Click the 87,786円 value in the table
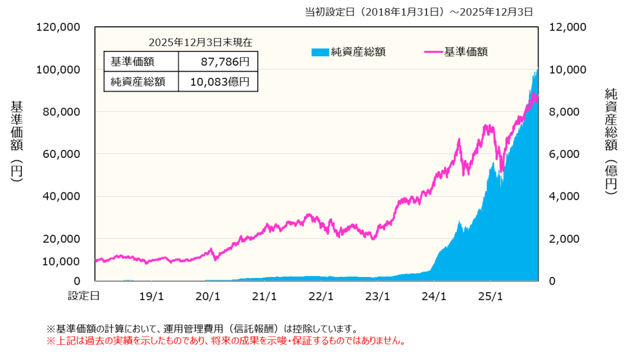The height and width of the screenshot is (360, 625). (x=225, y=62)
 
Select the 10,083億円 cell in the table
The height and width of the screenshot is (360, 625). (x=220, y=82)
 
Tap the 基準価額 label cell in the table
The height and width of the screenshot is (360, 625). (x=133, y=62)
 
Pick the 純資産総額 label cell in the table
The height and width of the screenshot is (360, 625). (x=138, y=82)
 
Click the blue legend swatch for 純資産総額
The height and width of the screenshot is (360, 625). (x=320, y=52)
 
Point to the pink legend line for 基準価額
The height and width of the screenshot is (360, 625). (x=433, y=52)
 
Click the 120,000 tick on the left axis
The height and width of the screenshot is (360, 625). (x=58, y=27)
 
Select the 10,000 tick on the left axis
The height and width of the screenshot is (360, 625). (x=61, y=262)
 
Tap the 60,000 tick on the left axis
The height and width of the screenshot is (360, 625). (x=61, y=154)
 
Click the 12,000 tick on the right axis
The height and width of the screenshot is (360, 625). (x=568, y=27)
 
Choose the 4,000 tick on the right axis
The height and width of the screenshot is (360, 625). (x=564, y=196)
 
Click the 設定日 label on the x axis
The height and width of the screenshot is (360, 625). (x=84, y=296)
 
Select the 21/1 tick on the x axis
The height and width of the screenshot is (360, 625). (x=264, y=296)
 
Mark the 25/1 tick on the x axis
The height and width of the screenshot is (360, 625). (x=490, y=296)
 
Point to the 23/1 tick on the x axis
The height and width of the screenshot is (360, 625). (x=377, y=296)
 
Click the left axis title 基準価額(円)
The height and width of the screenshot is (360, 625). (x=17, y=140)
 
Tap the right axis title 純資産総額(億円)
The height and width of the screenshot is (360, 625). (x=611, y=140)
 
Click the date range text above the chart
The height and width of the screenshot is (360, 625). (x=419, y=12)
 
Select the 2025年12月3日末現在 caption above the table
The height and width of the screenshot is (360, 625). (x=200, y=42)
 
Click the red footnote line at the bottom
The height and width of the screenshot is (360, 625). (x=226, y=341)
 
